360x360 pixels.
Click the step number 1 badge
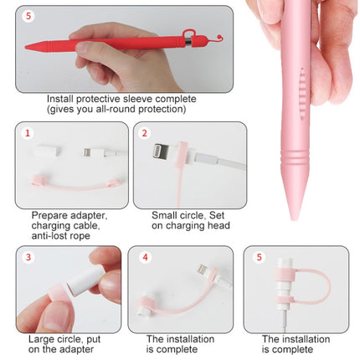pos(27,133)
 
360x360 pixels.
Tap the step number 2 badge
pos(145,133)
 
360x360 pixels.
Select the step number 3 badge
pos(27,256)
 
